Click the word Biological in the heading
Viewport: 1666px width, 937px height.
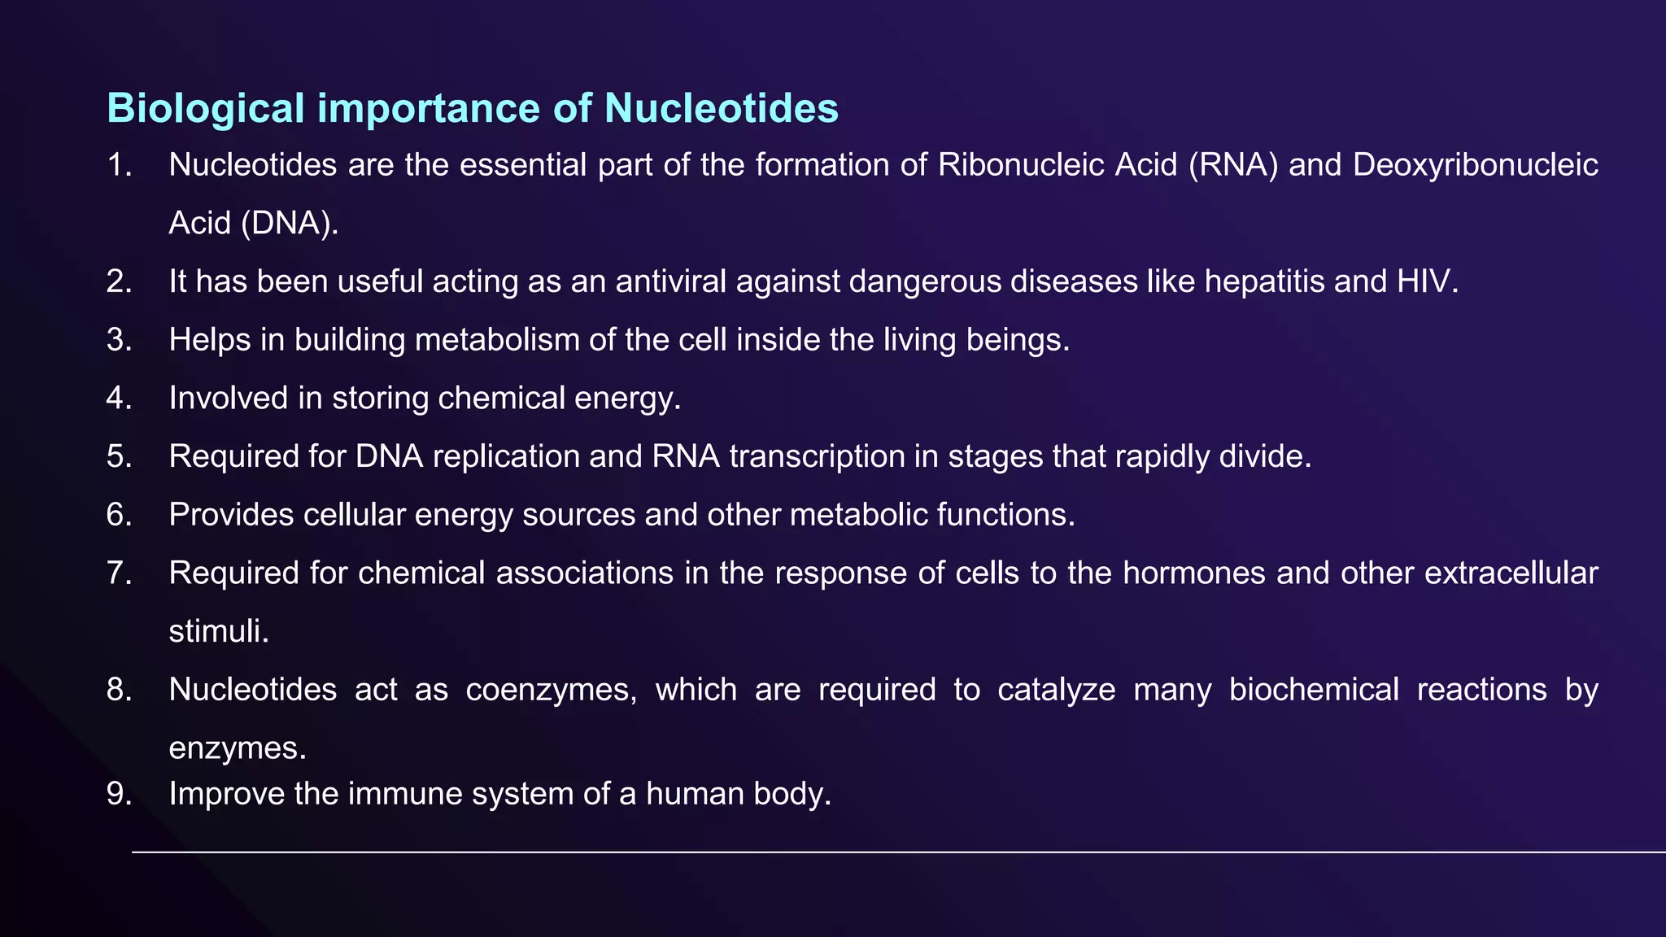[206, 109]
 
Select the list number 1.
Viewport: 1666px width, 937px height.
[119, 165]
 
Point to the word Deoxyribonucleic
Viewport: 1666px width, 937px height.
[1476, 165]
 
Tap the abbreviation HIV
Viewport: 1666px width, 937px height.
[1428, 281]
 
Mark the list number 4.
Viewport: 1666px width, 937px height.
[119, 399]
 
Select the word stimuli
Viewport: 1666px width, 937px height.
[218, 632]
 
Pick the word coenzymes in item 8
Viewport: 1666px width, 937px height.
[551, 690]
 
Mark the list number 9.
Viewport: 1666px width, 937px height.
[119, 794]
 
